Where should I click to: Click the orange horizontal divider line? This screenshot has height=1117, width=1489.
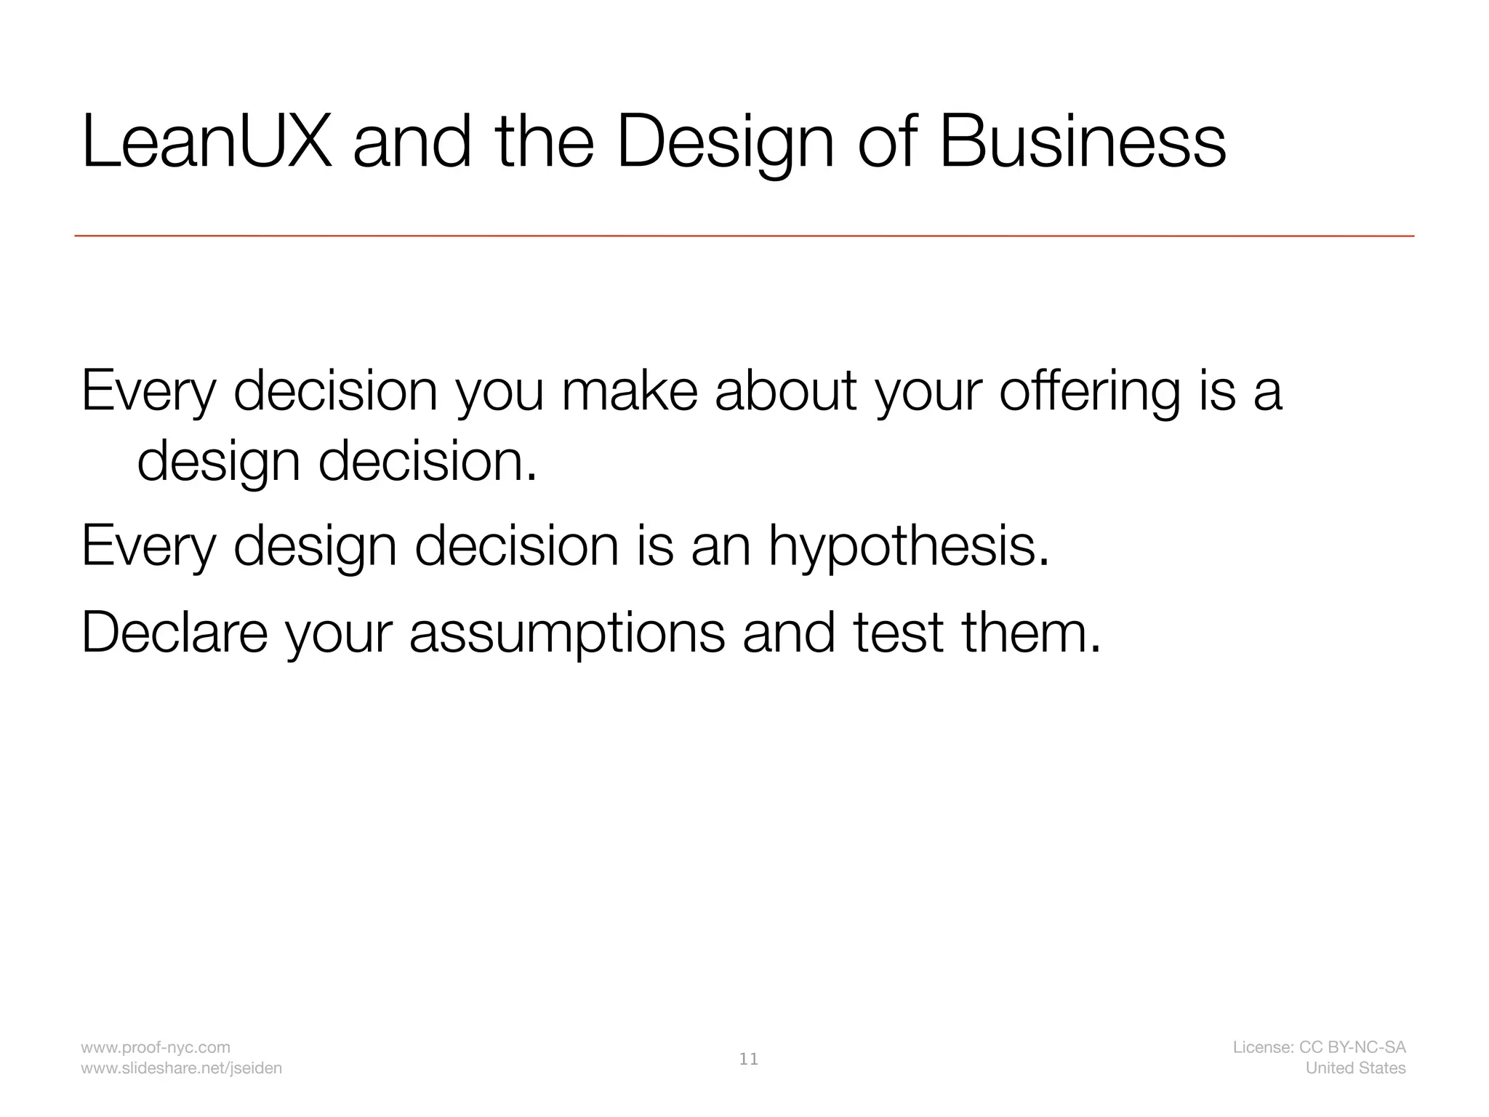(744, 236)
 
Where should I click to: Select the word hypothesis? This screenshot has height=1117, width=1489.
(908, 547)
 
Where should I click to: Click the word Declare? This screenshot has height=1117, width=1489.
(174, 632)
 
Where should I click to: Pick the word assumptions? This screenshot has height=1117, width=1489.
(567, 633)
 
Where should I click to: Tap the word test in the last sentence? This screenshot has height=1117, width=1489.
(899, 632)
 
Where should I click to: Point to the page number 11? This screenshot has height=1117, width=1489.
(748, 1059)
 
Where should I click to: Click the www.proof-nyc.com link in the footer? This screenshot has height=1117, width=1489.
(156, 1047)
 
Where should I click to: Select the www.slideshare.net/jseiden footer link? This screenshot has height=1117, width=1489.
(182, 1068)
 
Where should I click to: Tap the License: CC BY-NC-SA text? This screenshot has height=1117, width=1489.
(1319, 1047)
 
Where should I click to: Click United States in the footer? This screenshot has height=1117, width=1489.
(1355, 1068)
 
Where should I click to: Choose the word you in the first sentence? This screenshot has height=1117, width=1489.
(499, 393)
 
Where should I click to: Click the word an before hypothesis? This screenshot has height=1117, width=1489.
(721, 547)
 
